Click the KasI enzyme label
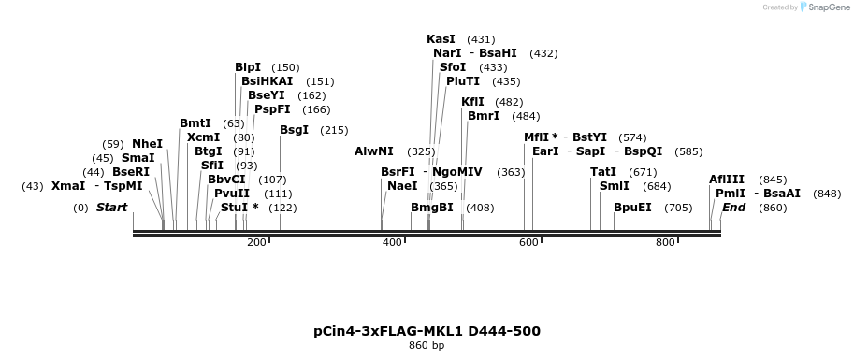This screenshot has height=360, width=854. (441, 39)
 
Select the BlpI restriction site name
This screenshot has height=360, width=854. (248, 67)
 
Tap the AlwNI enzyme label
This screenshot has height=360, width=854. (374, 151)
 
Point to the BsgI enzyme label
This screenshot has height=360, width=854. (294, 130)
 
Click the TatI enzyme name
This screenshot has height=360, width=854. (603, 172)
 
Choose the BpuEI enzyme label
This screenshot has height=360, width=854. (632, 208)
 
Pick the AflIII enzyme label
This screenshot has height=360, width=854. (727, 180)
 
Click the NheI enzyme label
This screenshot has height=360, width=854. (147, 144)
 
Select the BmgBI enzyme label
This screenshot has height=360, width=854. (432, 208)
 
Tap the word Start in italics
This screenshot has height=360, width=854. (111, 208)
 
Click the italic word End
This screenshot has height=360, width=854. (733, 208)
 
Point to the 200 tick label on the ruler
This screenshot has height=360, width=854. (256, 243)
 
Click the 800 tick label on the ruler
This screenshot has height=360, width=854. (665, 243)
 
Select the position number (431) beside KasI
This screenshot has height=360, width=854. (481, 39)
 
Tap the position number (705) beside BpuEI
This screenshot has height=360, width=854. (678, 208)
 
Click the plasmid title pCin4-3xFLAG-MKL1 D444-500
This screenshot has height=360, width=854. (427, 331)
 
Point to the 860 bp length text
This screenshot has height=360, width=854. (427, 346)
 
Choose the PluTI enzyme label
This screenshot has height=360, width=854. (463, 81)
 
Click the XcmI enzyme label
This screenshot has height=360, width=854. (203, 137)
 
